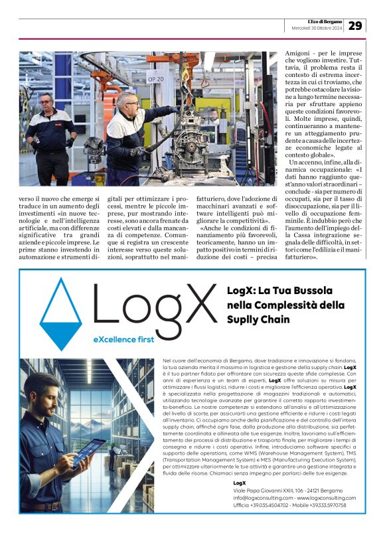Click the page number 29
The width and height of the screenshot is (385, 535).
coord(355,25)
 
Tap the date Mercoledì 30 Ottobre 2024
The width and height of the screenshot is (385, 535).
coord(317,28)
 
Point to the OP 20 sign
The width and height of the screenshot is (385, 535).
coord(155,79)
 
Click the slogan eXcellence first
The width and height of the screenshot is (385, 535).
coord(124,339)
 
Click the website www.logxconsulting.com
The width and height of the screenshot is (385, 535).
coord(326,497)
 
